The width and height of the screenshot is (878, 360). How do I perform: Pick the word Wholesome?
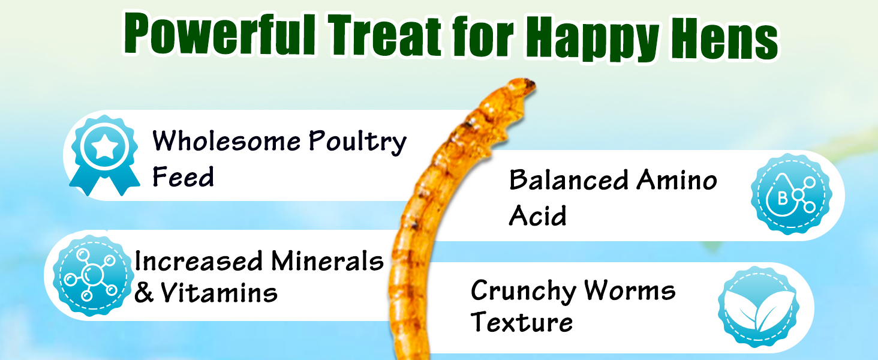(226, 142)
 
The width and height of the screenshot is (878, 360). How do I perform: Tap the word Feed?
(183, 177)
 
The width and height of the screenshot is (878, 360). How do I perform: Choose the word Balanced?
(568, 179)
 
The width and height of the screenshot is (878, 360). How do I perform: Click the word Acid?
(537, 215)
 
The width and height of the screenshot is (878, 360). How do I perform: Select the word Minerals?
(327, 261)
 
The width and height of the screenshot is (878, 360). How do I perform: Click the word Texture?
(521, 323)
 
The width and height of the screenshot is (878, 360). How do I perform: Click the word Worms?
(630, 291)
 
